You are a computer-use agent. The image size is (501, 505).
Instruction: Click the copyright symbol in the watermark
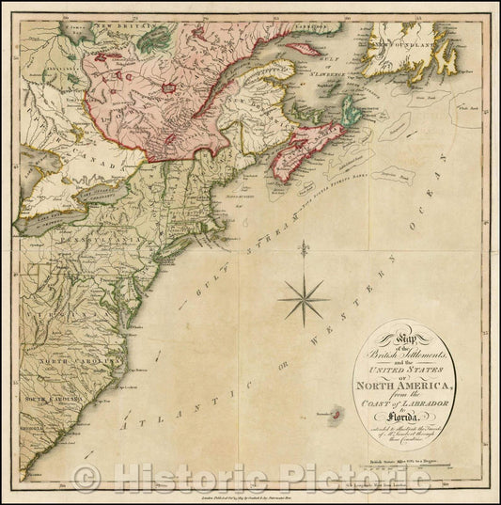pos(86,480)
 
